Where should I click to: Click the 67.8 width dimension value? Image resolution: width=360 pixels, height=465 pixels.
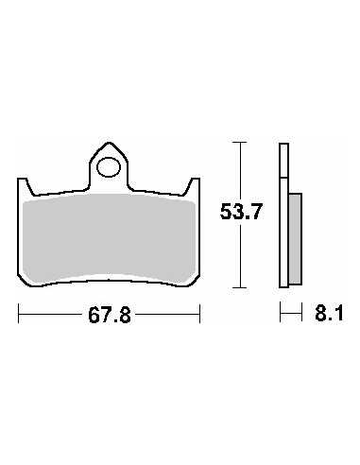click(110, 316)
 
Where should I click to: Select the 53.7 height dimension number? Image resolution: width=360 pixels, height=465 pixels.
click(241, 212)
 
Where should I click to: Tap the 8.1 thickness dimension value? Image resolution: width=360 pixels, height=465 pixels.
click(329, 313)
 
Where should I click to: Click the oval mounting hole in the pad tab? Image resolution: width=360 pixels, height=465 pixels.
click(109, 167)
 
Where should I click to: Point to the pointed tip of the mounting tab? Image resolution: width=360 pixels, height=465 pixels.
click(109, 143)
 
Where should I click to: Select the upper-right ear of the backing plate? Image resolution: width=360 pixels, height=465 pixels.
click(193, 186)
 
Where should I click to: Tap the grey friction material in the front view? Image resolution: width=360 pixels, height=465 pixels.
click(109, 238)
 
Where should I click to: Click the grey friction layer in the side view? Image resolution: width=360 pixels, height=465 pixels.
click(295, 238)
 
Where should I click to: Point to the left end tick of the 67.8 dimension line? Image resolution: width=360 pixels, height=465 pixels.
click(19, 314)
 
